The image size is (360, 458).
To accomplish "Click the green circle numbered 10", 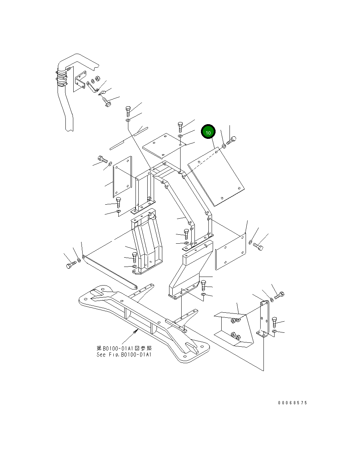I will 208,132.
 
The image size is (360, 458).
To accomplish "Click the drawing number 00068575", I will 292,403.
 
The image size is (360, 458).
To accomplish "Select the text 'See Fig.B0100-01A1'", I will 124,355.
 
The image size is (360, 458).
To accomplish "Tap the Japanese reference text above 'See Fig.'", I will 124,348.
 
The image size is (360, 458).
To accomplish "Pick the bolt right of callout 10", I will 232,141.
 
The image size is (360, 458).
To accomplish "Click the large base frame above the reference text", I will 143,318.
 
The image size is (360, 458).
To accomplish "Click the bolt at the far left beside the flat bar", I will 70,265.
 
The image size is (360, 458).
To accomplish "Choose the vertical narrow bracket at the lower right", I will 264,318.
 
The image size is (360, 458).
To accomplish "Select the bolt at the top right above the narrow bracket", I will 279,296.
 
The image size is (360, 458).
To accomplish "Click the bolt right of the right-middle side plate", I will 258,247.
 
